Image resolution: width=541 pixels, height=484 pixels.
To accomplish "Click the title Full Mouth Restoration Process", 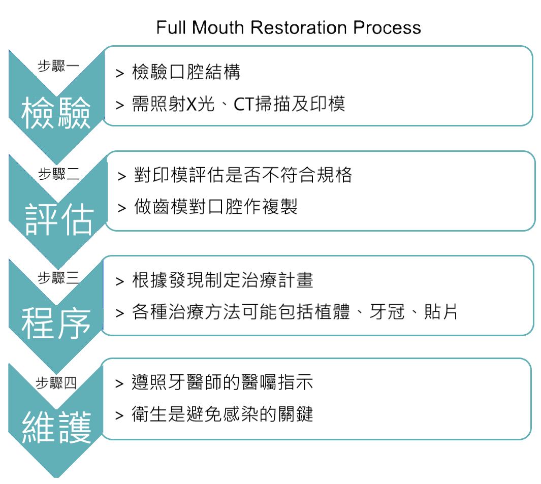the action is [x=289, y=27].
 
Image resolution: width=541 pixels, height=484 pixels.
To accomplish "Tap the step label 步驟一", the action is [x=58, y=66].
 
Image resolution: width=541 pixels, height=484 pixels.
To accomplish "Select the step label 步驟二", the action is [x=58, y=174].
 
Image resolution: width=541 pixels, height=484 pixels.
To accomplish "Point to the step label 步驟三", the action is [x=58, y=278].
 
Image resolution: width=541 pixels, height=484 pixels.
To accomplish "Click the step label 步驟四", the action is [x=56, y=383].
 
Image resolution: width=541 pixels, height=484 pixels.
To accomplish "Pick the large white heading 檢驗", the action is [x=56, y=113].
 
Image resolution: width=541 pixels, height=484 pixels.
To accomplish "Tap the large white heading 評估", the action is [x=59, y=219].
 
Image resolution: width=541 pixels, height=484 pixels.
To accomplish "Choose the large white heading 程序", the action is [x=56, y=323].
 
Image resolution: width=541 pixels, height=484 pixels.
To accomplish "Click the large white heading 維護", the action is [x=56, y=427].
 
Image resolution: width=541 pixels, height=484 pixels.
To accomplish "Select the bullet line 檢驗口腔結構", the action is [x=186, y=72].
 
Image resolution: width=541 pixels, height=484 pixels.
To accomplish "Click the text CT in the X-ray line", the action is [x=244, y=104].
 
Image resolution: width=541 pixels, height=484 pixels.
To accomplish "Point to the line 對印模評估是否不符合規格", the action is [x=243, y=175].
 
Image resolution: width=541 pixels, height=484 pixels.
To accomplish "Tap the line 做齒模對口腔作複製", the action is [x=216, y=207].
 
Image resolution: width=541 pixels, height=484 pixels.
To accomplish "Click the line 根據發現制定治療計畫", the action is [x=222, y=280].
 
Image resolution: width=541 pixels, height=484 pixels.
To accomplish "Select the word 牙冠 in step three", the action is [x=387, y=311].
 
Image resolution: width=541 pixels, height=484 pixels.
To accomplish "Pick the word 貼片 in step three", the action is [x=440, y=311].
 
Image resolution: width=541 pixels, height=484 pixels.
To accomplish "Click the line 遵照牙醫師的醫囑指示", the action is [x=222, y=382].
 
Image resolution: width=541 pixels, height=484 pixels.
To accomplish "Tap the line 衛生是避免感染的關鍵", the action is [x=222, y=414].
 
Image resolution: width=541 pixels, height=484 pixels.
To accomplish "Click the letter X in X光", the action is [x=191, y=104].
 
